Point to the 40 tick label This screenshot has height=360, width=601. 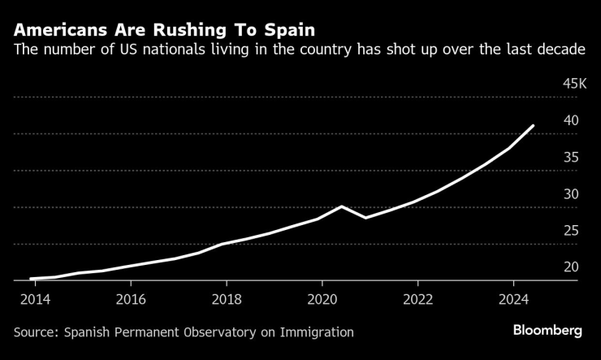coord(571,120)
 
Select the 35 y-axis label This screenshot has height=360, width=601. coord(571,157)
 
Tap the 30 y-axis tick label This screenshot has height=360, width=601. coord(571,193)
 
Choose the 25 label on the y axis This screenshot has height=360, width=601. coord(571,230)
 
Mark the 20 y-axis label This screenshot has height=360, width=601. coord(571,267)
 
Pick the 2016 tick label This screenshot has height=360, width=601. coord(131,298)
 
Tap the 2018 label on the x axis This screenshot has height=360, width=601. coord(227,298)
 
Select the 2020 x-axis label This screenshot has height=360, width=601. coord(322,298)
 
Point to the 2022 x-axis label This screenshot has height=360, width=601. coord(418,298)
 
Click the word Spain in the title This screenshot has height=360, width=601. coord(290,31)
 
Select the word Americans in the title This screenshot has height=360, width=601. coord(60,31)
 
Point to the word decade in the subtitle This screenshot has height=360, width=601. coord(561,50)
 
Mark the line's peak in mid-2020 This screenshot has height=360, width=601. coord(341,206)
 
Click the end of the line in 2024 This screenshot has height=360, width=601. coord(533,126)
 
